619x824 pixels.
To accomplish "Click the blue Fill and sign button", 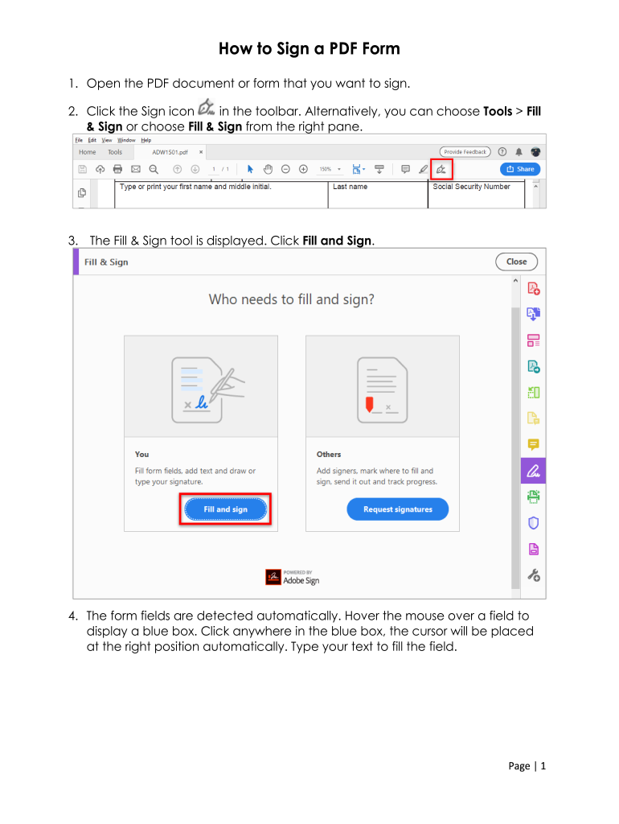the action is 225,509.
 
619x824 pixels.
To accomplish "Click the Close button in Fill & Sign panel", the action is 516,262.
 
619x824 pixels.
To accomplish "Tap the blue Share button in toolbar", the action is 520,169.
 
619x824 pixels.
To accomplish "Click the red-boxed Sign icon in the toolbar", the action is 441,169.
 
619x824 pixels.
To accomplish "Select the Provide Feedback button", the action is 465,152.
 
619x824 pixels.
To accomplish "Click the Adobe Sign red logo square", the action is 273,577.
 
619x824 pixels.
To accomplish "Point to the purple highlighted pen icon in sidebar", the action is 534,470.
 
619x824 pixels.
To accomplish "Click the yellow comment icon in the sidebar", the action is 534,444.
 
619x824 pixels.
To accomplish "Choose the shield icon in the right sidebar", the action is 534,523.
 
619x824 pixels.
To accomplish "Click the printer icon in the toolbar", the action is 117,169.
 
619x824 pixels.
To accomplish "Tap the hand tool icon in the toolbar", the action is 268,169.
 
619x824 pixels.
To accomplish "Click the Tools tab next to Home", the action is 115,152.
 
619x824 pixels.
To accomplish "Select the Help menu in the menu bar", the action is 146,140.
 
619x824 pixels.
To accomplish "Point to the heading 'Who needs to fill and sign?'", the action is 291,299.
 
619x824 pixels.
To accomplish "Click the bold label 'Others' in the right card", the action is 329,455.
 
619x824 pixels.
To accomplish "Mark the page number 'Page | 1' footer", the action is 527,766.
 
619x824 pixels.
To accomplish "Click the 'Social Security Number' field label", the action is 471,187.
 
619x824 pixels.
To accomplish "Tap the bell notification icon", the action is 519,152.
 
